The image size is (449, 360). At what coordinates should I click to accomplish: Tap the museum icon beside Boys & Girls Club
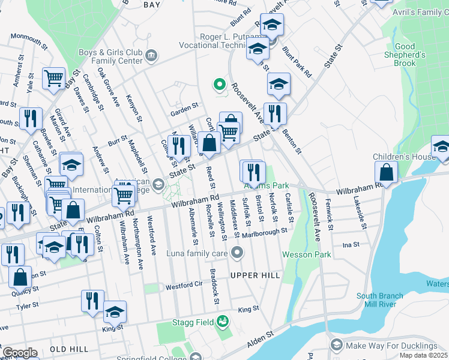pos(151,56)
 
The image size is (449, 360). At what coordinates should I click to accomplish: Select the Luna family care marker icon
pos(237,252)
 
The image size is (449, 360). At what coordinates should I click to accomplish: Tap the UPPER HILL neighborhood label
pos(256,275)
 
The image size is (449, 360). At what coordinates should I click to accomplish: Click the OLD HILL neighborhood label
pos(69,349)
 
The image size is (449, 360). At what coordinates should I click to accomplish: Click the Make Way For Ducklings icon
pos(337,345)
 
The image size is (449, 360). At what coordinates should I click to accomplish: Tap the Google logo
pos(20,353)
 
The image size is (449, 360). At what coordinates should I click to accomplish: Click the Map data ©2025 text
pos(423,355)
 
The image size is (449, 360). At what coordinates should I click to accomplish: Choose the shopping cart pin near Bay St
pos(53,78)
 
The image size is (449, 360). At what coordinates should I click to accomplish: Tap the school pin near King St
pos(115,311)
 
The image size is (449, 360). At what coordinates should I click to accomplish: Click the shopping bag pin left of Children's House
pos(387,172)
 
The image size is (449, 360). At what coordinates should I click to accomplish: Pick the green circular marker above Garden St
pos(220,85)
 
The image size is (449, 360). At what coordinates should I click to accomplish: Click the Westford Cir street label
pos(182,286)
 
